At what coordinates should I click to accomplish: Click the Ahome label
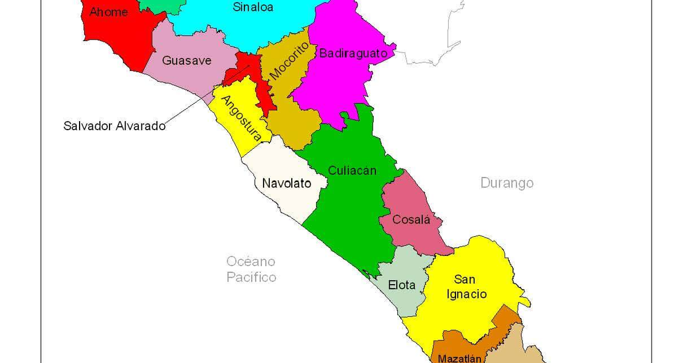click(x=108, y=12)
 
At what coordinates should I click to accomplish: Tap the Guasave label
click(x=186, y=60)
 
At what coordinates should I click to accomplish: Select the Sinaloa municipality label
click(x=253, y=7)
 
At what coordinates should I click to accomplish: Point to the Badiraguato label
click(x=353, y=54)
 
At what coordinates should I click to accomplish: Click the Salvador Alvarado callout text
click(x=114, y=126)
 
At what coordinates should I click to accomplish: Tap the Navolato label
click(x=287, y=184)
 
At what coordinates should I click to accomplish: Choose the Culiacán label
click(x=352, y=171)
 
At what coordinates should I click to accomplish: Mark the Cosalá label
click(x=411, y=220)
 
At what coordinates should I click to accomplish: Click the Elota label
click(x=402, y=285)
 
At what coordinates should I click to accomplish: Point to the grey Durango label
click(x=507, y=183)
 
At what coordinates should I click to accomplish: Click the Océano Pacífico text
click(x=251, y=269)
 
